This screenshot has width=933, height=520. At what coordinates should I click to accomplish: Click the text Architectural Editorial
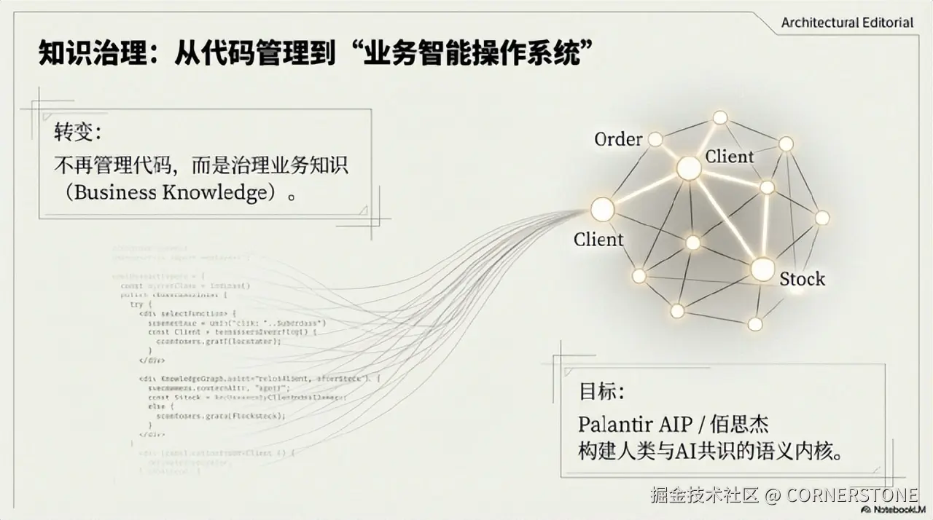tap(847, 23)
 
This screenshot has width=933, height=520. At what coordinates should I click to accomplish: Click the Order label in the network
tap(618, 139)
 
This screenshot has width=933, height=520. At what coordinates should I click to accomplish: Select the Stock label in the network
tap(802, 279)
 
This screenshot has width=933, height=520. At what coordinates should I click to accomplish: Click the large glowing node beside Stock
tap(762, 269)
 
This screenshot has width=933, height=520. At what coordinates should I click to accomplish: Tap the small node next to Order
tap(655, 138)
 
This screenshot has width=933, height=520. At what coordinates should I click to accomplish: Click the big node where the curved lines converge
tap(602, 210)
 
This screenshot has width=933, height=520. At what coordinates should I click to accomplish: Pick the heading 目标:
tap(601, 391)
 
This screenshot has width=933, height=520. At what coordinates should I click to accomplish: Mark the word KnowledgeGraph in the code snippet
tap(184, 379)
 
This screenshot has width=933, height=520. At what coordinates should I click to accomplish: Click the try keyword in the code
tap(136, 304)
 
